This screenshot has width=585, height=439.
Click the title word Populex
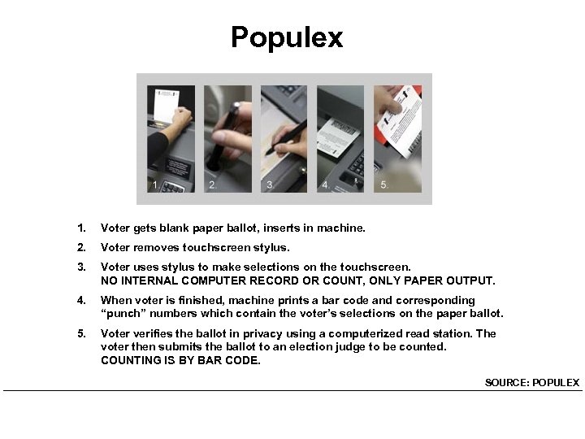point(287,37)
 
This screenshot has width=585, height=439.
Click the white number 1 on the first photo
point(155,185)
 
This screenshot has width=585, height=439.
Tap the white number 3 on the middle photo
point(269,185)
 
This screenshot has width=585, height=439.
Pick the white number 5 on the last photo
point(383,185)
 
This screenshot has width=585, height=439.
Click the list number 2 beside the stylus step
point(80,247)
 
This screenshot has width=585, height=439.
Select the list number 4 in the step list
point(80,300)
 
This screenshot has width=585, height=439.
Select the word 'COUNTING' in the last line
point(130,359)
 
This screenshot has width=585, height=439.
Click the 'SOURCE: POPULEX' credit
point(531,382)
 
